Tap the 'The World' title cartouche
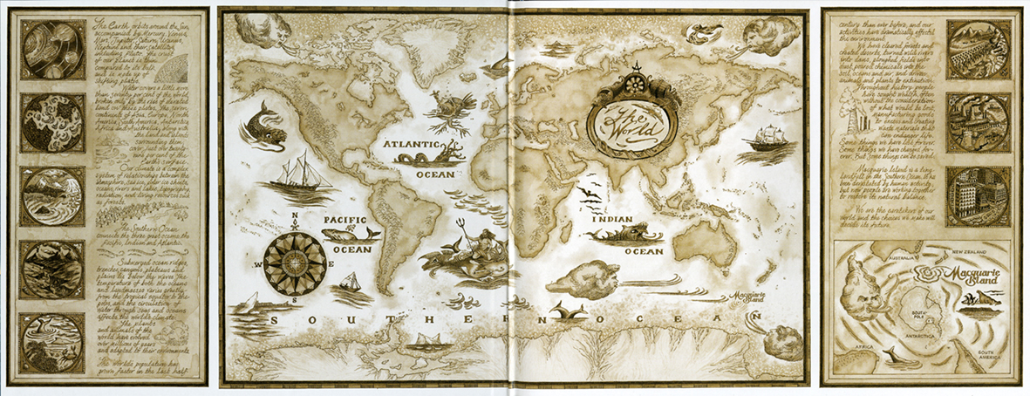point(633,120)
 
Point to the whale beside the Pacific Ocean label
point(352,234)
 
